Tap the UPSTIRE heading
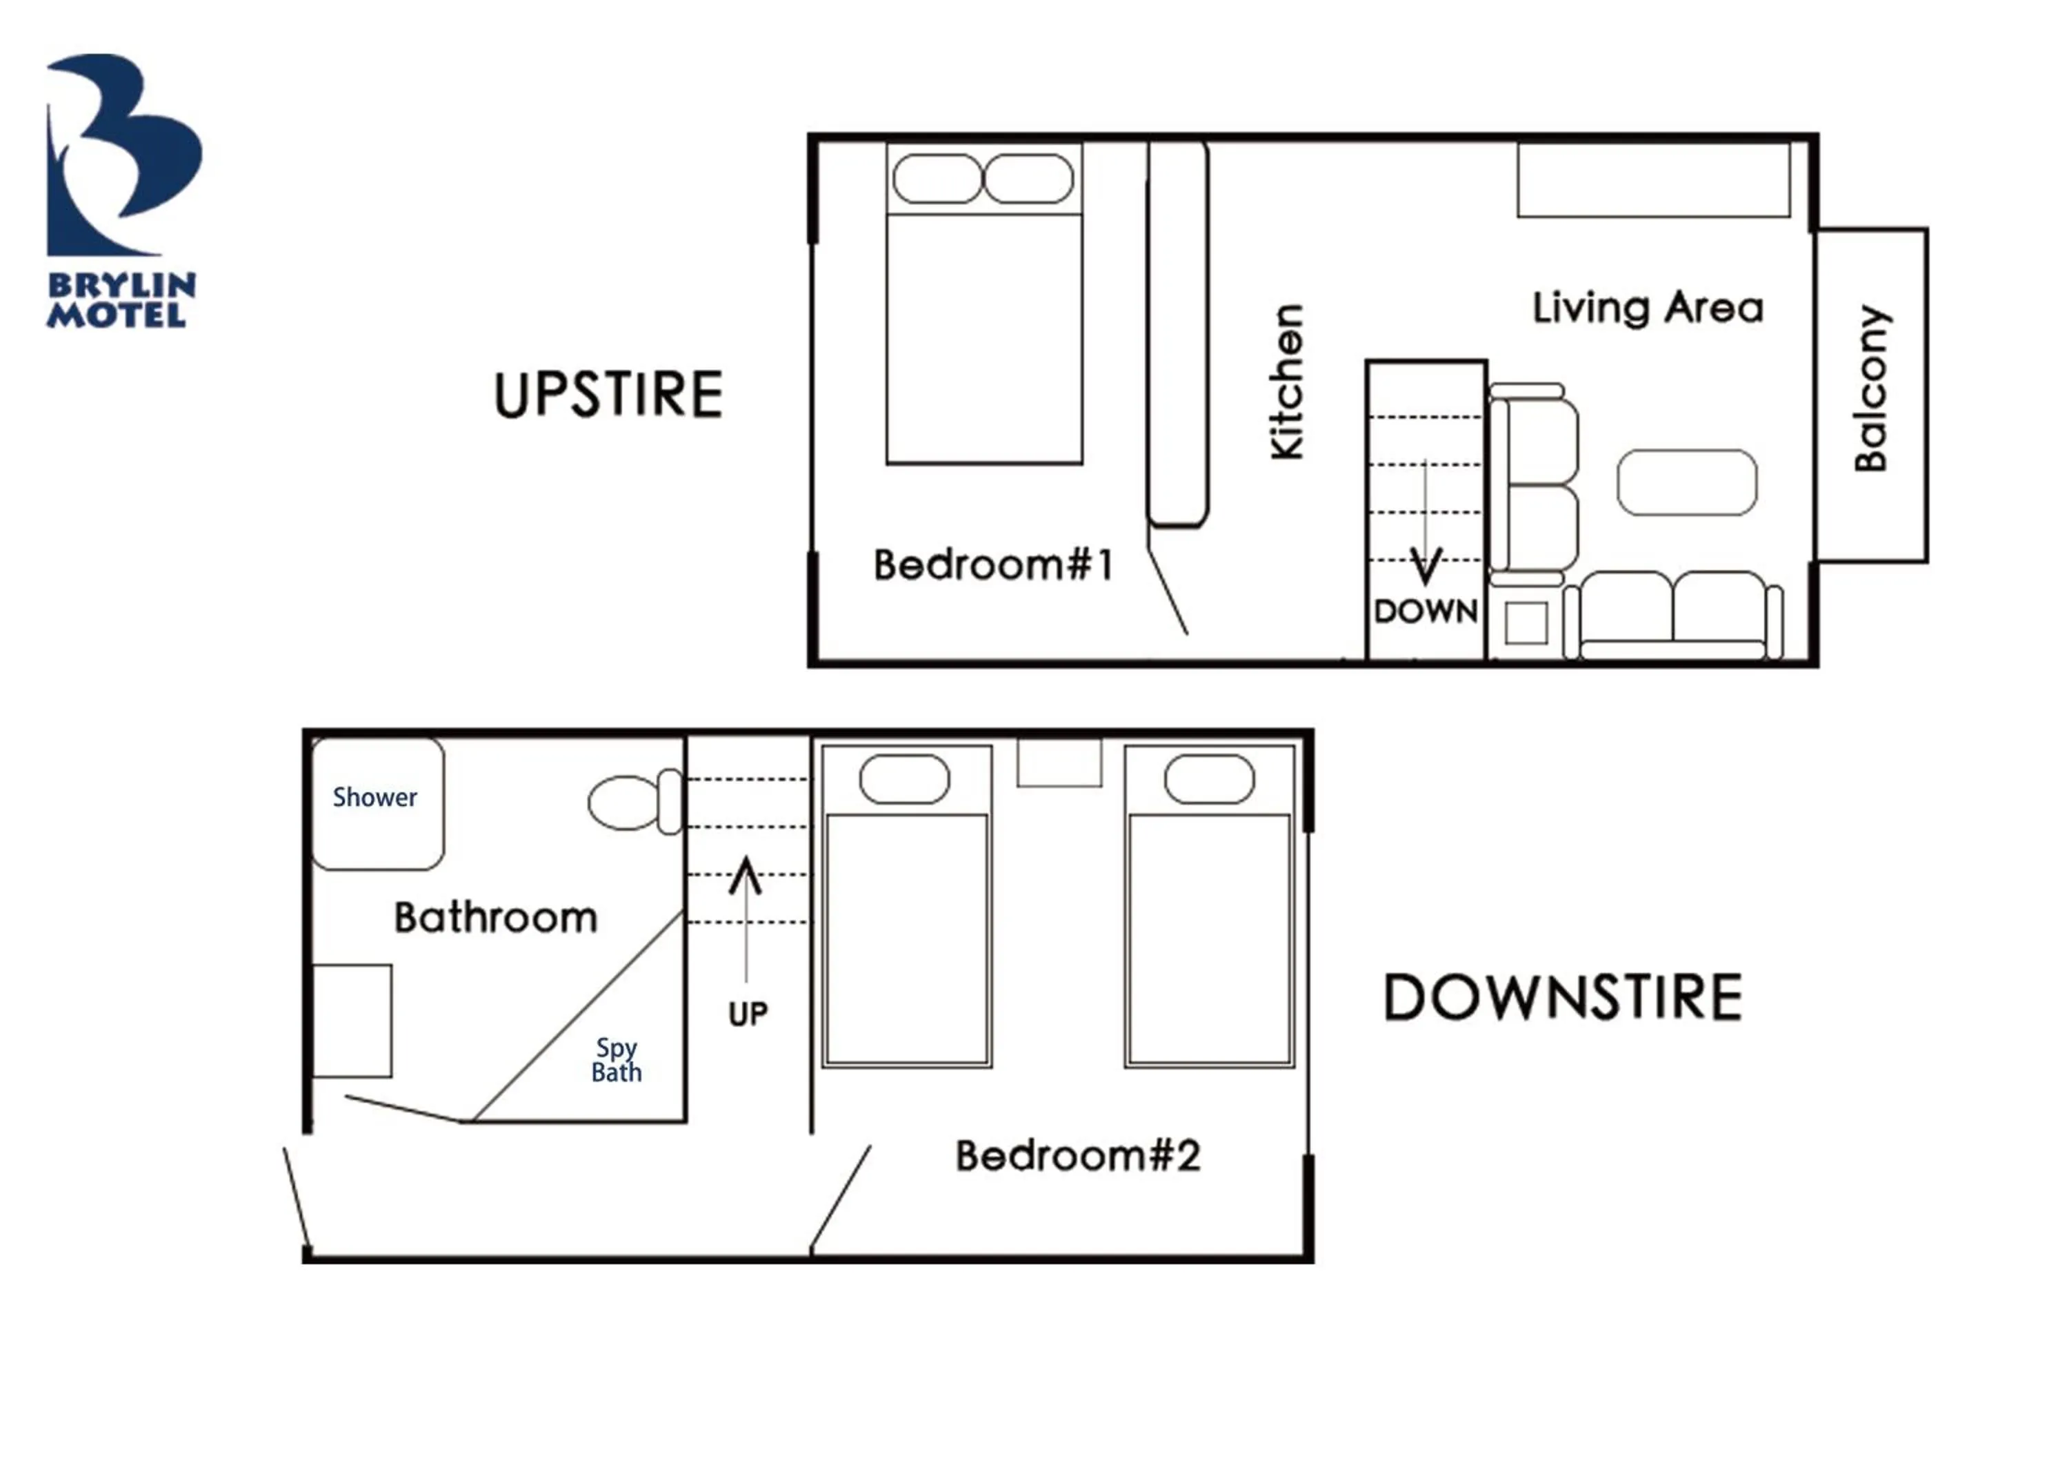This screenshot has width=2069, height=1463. pos(608,395)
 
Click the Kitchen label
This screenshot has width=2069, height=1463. pos(1287,382)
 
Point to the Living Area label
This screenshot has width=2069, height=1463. pos(1648,308)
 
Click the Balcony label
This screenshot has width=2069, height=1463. pos(1872,389)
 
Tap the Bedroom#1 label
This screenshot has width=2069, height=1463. pos(993,565)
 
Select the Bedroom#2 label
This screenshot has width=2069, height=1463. pos(1078,1156)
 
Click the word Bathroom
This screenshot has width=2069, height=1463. pos(496,918)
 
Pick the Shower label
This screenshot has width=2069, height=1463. pos(375,798)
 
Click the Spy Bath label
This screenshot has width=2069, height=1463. pos(617,1060)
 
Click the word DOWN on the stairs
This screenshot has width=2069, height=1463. pos(1425,611)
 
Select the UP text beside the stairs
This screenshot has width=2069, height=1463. pos(747,1014)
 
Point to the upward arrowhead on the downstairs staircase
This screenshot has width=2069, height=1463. pos(746,874)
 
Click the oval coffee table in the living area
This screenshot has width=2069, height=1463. pos(1686,482)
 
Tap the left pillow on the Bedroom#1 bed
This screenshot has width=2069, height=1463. pos(937,179)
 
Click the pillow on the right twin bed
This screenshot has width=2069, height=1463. pos(1208,779)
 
